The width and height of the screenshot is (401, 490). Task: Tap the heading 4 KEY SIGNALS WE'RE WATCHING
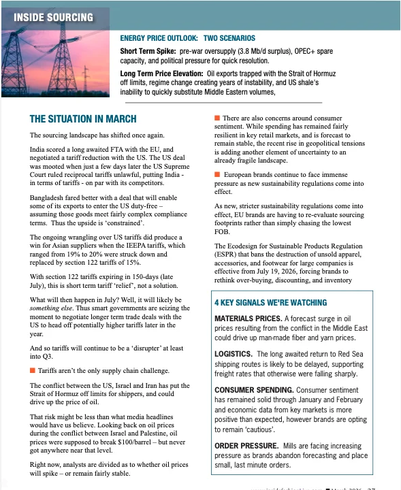(x=270, y=302)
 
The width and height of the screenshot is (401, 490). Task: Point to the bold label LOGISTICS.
(x=234, y=355)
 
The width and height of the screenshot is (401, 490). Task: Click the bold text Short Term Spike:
(x=148, y=51)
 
